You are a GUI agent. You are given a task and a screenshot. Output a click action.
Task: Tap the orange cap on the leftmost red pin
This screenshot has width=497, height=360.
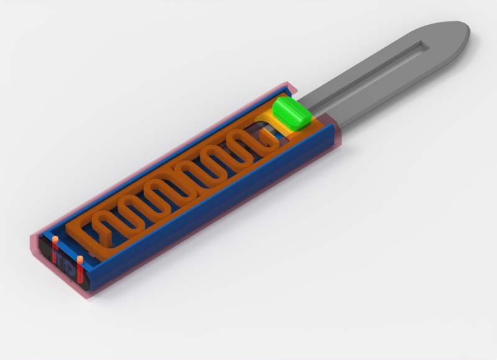pyautogui.click(x=55, y=239)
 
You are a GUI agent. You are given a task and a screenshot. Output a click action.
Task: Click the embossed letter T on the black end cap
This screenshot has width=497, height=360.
pyautogui.click(x=67, y=265)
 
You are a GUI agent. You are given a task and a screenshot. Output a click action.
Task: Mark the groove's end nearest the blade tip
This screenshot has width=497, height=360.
pyautogui.click(x=424, y=45)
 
